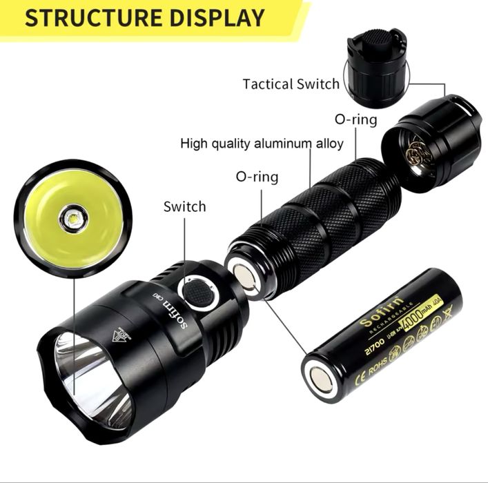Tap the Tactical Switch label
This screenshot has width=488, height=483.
[291, 84]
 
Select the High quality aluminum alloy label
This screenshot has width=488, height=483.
[262, 144]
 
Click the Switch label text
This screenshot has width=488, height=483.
[184, 206]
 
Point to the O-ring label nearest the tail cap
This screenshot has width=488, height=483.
[355, 119]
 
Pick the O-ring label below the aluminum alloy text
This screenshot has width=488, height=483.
[257, 177]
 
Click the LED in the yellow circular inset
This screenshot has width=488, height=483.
[72, 219]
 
